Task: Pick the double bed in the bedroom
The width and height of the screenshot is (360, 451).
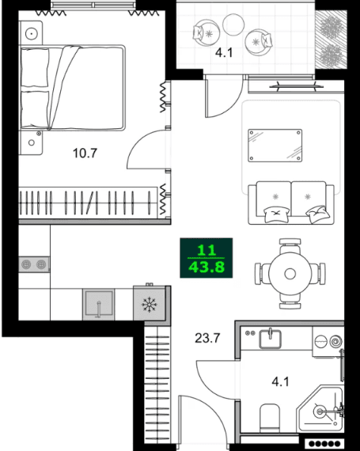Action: click(72, 87)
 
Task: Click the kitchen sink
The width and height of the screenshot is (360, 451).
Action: click(99, 304)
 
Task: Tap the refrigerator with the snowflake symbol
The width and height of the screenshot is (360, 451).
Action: click(148, 304)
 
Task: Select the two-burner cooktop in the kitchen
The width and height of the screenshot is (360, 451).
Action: click(34, 264)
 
